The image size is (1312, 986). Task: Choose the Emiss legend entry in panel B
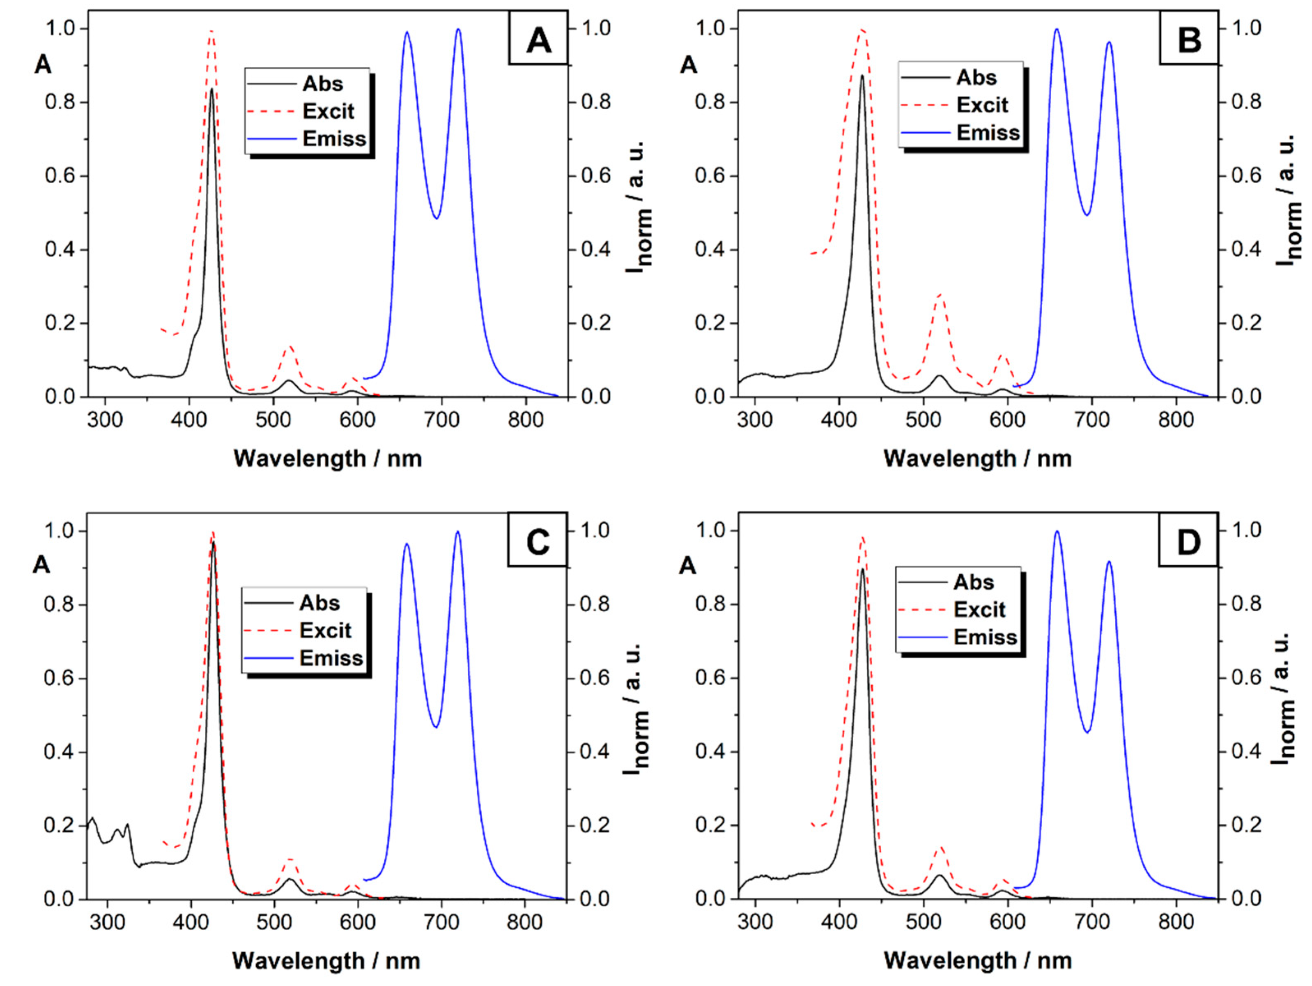pos(988,132)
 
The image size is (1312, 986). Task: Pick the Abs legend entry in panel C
pos(319,603)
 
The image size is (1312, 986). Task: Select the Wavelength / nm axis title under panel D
pos(977,961)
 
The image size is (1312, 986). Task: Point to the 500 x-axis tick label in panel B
pos(923,420)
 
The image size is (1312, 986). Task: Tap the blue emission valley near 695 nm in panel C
pos(436,727)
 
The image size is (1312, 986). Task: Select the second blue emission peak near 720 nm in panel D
pos(1109,561)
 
